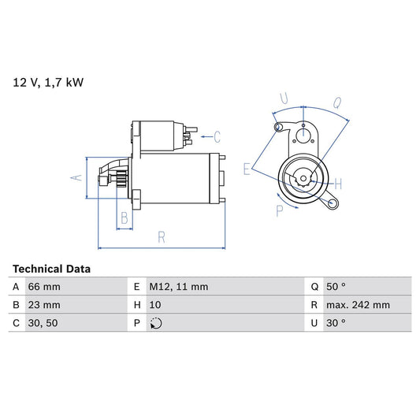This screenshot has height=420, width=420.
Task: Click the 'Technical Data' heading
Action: [x=52, y=269]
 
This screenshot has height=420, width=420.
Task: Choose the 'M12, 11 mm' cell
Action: [x=179, y=287]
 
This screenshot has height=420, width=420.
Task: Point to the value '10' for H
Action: [x=156, y=305]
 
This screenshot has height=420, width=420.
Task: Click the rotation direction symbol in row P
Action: [x=156, y=323]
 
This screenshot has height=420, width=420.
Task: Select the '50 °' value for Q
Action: [x=336, y=287]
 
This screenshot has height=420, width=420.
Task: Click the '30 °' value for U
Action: [x=336, y=323]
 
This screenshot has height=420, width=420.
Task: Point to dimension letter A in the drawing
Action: [x=76, y=177]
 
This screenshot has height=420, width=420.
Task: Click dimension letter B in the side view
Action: [x=125, y=218]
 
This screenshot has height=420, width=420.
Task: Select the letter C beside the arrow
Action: [x=217, y=136]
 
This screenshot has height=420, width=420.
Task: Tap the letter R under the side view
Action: [x=161, y=236]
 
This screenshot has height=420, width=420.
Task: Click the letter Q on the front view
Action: [x=336, y=102]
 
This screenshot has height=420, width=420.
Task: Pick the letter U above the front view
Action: [x=284, y=100]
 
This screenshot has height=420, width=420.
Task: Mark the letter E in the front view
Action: [x=247, y=169]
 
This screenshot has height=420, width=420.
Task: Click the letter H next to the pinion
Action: [x=336, y=184]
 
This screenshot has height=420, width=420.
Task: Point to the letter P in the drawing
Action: [x=280, y=210]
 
